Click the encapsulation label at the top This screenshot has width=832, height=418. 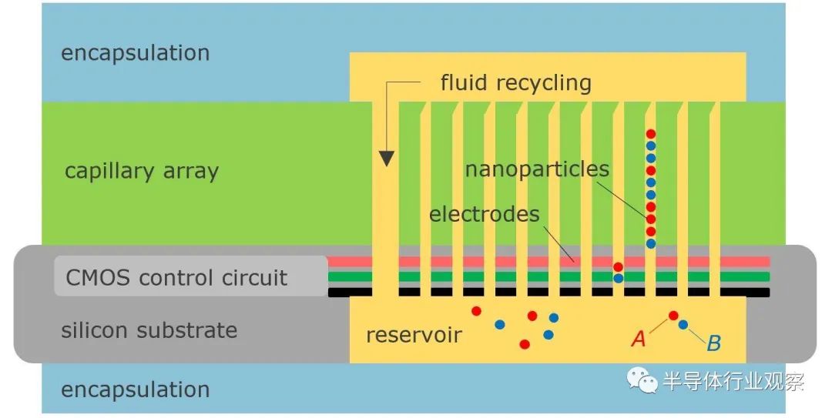point(136,53)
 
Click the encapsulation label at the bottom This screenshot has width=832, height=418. point(136,390)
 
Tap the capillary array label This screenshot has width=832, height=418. point(142,171)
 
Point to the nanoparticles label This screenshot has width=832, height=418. point(537,169)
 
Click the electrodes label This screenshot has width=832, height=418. point(484,214)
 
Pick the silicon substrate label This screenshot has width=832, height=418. point(149,330)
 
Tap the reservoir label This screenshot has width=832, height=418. point(414,336)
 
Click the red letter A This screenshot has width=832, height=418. point(639,338)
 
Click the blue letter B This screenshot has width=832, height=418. point(713,343)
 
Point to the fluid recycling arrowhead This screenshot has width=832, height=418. point(387,159)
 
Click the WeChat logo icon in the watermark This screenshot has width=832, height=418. point(642,380)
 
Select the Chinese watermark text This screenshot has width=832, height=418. point(733,381)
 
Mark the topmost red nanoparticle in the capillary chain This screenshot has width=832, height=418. point(650,134)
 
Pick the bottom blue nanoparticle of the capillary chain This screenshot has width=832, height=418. point(650,243)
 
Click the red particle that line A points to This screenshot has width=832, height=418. point(673,316)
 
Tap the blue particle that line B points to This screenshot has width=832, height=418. point(683,325)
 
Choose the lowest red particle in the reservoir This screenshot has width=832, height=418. point(525,344)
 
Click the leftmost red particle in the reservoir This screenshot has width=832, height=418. point(477,311)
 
